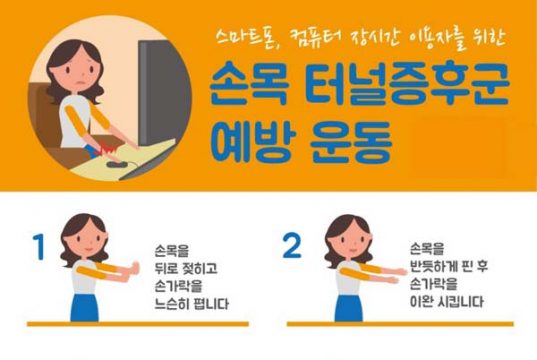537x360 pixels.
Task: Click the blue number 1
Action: [x=40, y=247]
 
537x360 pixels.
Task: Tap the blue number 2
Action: [x=292, y=245]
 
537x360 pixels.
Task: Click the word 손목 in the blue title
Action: [x=248, y=84]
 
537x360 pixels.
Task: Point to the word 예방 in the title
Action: [x=253, y=141]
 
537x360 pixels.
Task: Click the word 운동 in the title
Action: [x=350, y=142]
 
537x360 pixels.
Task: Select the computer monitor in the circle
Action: [x=164, y=92]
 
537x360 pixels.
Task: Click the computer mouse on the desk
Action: [x=117, y=164]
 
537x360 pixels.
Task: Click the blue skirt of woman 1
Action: [x=85, y=307]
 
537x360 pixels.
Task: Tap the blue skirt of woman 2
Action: [x=349, y=308]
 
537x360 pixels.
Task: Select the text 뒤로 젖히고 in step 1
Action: [x=186, y=269]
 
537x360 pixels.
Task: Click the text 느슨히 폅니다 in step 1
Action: [x=191, y=304]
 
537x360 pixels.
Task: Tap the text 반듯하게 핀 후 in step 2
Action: [x=449, y=266]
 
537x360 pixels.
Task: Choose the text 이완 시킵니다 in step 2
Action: [x=447, y=302]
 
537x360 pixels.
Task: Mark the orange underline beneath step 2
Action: [x=400, y=324]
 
